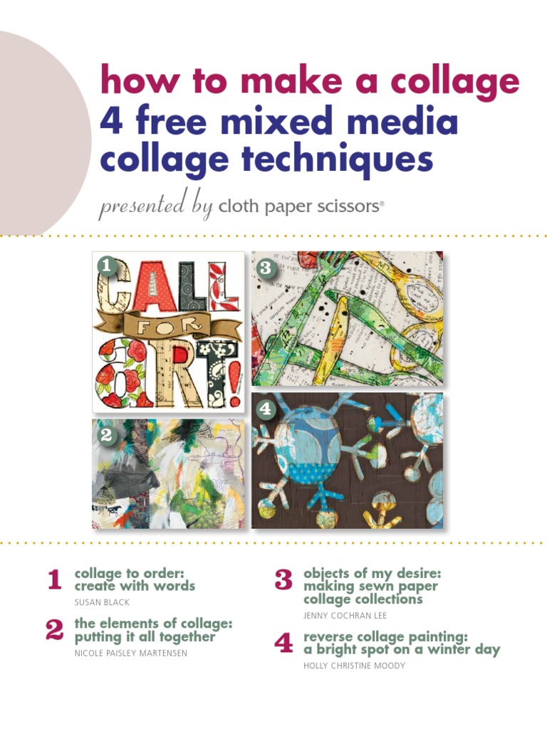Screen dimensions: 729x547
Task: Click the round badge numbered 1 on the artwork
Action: (106, 266)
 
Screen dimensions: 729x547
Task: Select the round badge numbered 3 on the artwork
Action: (265, 268)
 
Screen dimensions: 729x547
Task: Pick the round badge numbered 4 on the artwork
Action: (265, 409)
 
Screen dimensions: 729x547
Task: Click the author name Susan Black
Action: (102, 602)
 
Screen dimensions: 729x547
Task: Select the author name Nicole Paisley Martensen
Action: (131, 653)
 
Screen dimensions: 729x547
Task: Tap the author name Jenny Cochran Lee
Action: (345, 615)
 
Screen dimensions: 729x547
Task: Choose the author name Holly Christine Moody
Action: (354, 666)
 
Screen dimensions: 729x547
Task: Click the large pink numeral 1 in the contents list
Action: (55, 581)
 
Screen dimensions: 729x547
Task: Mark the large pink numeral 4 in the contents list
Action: (283, 644)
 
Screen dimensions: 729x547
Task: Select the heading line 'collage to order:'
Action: (125, 573)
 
